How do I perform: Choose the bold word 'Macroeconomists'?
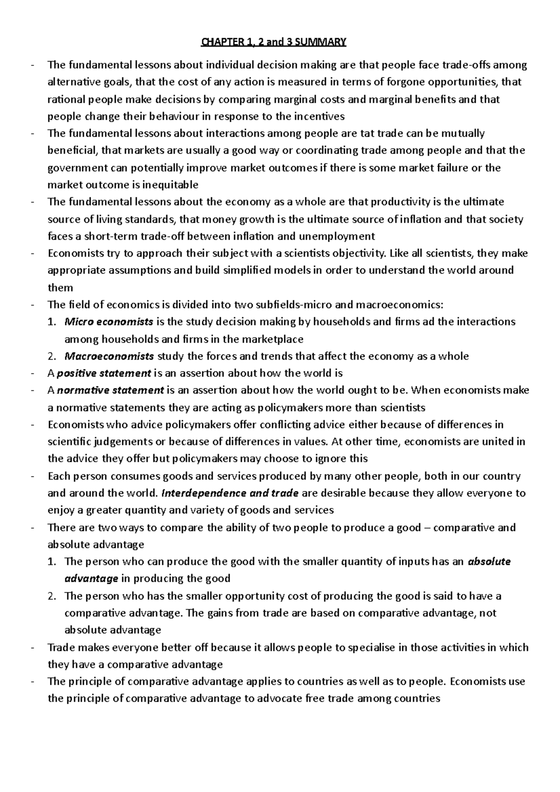109,356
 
